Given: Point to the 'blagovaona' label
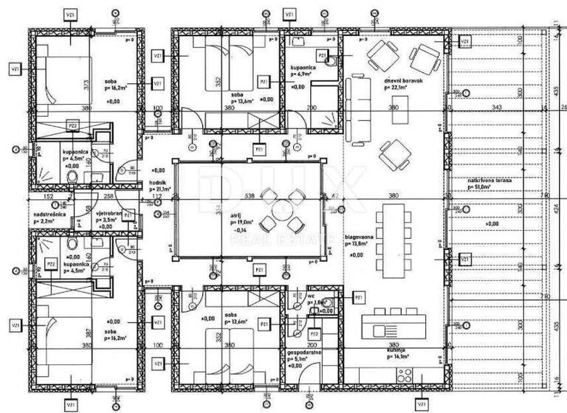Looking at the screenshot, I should [359, 237].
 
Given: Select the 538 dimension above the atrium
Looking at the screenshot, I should [249, 196].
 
